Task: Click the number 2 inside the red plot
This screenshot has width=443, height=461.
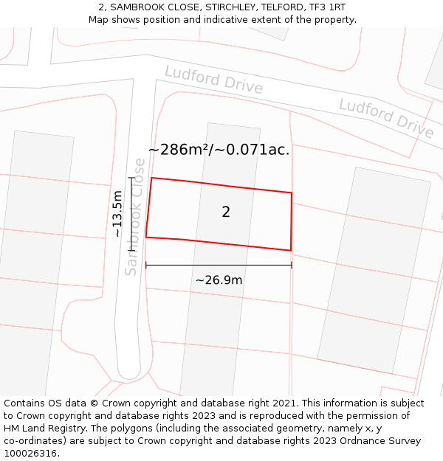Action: coord(226,212)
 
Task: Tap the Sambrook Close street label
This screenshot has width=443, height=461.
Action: coord(135,217)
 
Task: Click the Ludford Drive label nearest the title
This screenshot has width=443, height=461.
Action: coord(213,80)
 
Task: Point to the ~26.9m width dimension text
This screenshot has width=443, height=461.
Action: coord(219,280)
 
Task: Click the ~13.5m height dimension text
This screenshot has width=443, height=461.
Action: coord(117,214)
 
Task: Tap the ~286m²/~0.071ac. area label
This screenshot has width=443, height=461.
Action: coord(219,150)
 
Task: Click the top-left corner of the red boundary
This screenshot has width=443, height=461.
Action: coord(152,178)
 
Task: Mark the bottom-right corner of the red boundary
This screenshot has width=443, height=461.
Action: coord(290,250)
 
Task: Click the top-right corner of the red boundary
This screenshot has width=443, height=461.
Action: coord(292,193)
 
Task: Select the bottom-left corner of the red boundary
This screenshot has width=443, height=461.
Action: coord(146,237)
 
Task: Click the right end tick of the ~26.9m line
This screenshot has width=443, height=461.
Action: coord(292,265)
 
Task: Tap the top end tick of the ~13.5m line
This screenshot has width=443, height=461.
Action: coord(131,178)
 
